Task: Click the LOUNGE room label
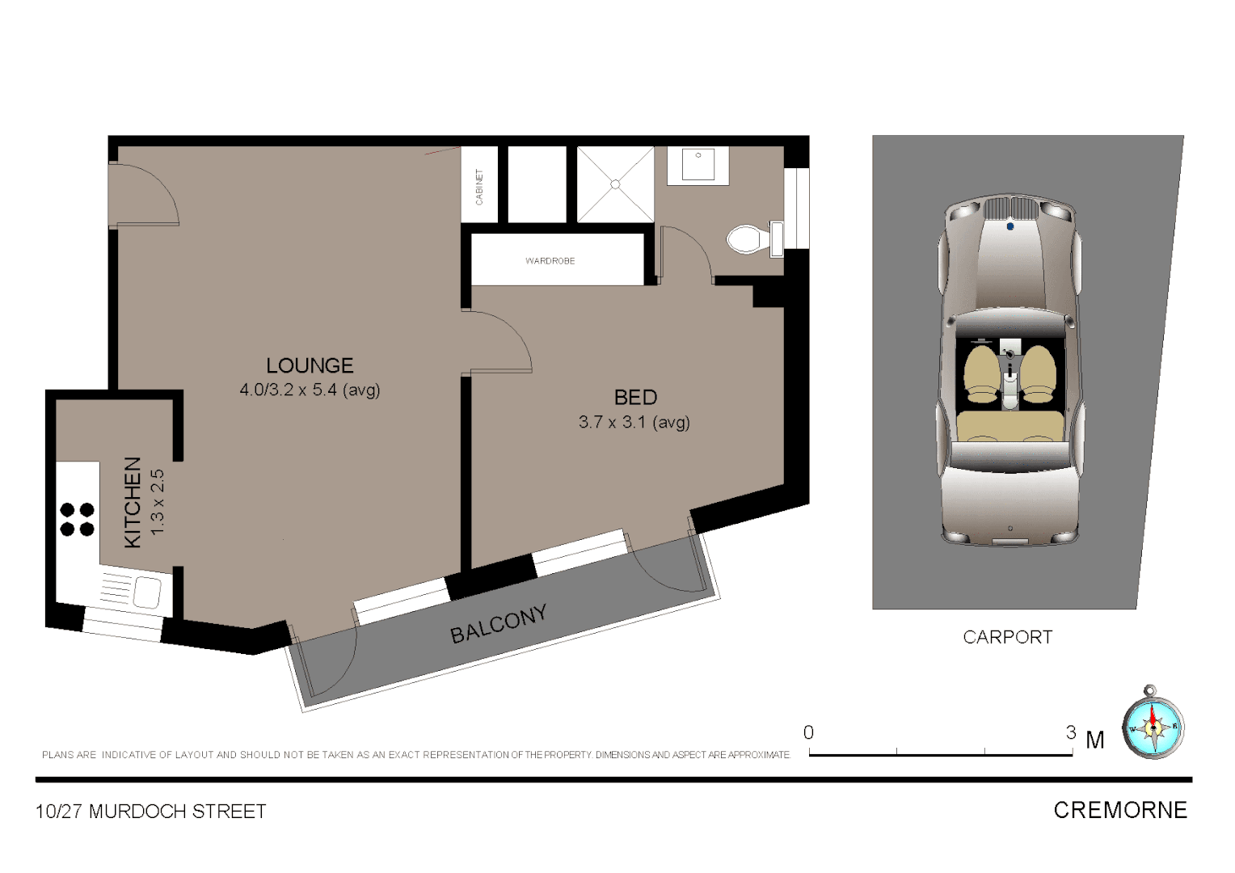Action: click(310, 365)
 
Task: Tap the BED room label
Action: click(635, 398)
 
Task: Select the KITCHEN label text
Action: click(133, 502)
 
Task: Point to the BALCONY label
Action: click(499, 624)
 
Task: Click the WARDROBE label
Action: click(550, 261)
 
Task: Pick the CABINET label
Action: click(479, 187)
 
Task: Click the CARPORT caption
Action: click(1007, 637)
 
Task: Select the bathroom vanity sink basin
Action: click(698, 165)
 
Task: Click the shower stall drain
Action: click(615, 184)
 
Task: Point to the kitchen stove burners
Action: click(78, 519)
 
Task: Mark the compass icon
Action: click(1153, 723)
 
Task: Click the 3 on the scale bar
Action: click(1071, 732)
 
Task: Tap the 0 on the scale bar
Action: click(808, 732)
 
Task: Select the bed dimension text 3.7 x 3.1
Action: click(634, 422)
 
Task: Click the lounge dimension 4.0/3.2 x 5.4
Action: click(310, 390)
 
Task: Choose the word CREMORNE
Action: click(1120, 810)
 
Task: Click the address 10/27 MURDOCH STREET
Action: click(150, 812)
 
